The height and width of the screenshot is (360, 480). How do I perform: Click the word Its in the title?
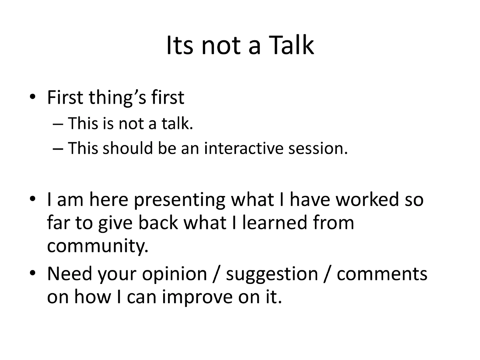point(180,45)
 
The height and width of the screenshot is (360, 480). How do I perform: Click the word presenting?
point(180,200)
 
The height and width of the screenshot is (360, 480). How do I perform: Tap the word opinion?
point(176,274)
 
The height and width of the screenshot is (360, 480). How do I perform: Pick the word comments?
point(382,274)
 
